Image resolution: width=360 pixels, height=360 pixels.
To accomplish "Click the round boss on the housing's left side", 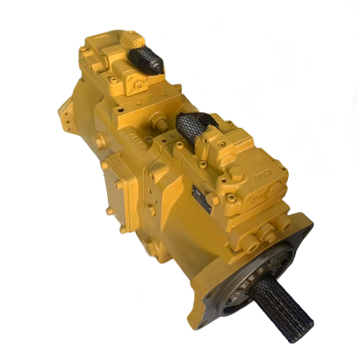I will pyautogui.click(x=105, y=166).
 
